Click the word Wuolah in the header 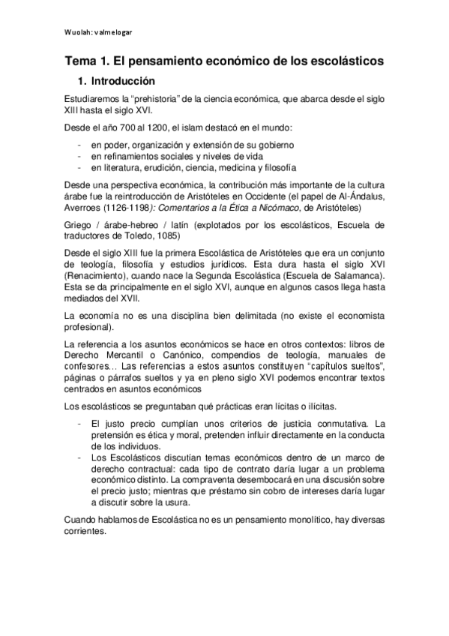click(x=75, y=32)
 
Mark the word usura click(x=198, y=496)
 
